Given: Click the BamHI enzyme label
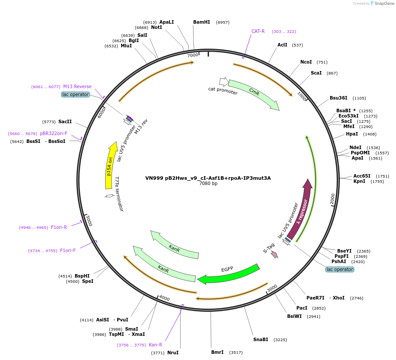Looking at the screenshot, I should point(202,22).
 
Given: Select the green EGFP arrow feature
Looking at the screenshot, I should point(228,274).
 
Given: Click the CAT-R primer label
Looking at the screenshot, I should point(258,31).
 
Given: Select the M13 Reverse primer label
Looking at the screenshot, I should point(77,86).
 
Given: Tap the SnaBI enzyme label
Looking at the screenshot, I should point(260,339).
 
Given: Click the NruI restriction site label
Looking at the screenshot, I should point(173,353).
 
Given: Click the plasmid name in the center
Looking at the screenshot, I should point(208,178).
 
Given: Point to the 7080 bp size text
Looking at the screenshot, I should point(208,184).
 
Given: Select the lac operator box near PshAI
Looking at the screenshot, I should point(340,269).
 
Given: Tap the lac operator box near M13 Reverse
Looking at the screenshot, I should point(76,94).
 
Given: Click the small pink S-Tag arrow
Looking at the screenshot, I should point(274,254).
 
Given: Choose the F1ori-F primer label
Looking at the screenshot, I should point(68,250).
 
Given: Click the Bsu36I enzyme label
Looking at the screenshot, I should point(338,98).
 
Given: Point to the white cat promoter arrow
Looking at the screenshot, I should point(224,82).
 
